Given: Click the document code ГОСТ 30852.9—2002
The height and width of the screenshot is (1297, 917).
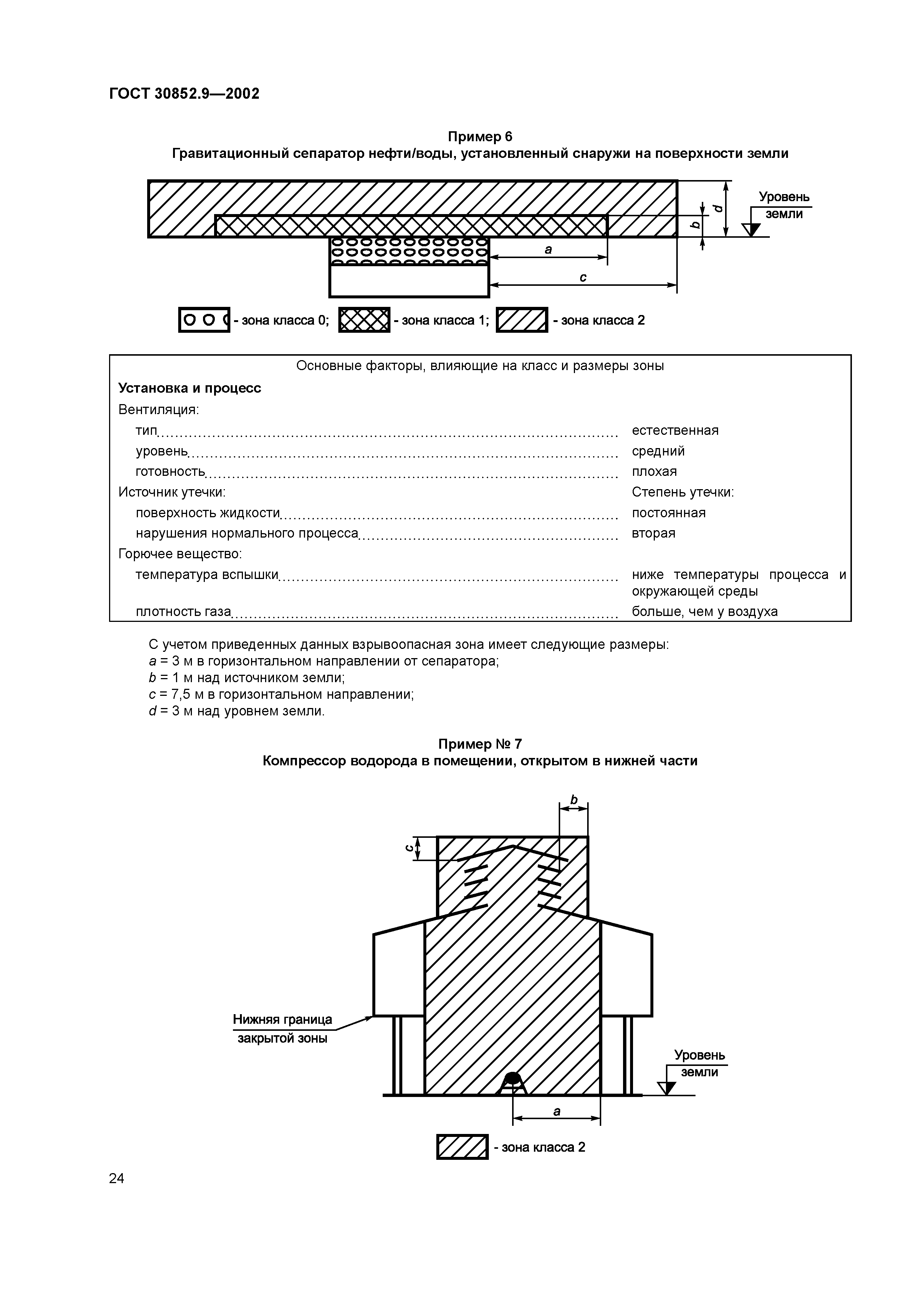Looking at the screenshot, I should point(184,94).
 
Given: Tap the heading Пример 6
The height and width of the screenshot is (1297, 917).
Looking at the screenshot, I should point(480,137).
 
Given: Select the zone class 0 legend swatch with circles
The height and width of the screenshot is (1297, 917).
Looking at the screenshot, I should point(204,320).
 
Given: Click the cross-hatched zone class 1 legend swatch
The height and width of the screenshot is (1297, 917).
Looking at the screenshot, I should point(364,320).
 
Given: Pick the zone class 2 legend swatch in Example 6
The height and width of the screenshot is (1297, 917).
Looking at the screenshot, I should point(521,320).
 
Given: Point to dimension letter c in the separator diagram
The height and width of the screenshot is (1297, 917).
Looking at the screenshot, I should point(583,277).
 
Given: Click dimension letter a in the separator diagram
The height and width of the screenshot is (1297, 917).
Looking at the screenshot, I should point(548,250).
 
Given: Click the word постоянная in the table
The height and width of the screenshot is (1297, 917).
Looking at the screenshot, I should point(669,513).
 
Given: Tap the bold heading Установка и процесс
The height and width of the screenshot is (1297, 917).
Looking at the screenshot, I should point(189,388).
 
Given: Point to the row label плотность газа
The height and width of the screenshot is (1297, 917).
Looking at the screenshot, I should point(183,611).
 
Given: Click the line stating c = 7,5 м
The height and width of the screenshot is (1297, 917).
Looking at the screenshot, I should point(281,694).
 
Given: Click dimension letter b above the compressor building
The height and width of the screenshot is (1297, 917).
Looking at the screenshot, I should point(574,800).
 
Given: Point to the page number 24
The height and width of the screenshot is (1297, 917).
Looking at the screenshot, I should point(116,1178).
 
